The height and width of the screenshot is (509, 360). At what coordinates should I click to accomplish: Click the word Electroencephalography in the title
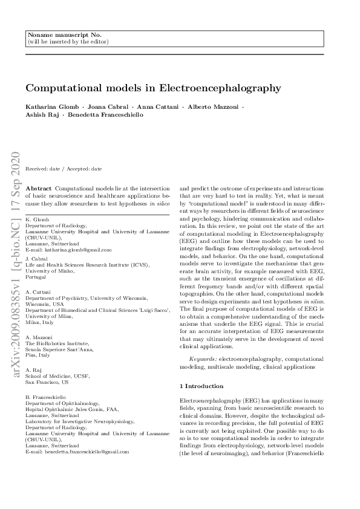pyautogui.click(x=220, y=88)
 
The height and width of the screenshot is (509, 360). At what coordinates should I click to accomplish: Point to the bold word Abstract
pyautogui.click(x=39, y=189)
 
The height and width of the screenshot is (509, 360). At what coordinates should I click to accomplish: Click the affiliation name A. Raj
pyautogui.click(x=34, y=371)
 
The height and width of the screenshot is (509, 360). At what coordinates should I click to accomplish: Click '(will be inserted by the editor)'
pyautogui.click(x=68, y=42)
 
